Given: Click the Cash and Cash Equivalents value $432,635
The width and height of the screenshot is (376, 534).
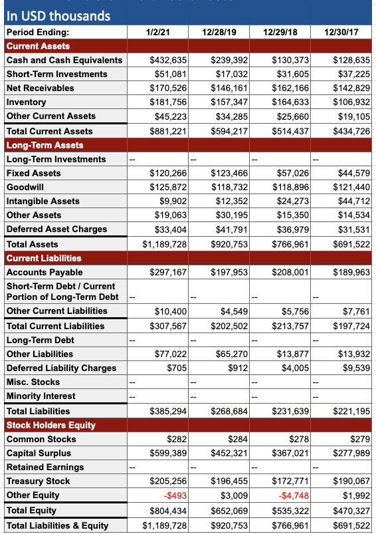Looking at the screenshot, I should click(169, 60).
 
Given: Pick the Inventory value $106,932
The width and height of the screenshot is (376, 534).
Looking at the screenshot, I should click(351, 102).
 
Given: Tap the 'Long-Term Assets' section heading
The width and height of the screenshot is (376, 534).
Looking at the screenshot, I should click(45, 145).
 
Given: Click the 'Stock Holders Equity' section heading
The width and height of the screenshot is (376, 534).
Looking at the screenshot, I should click(51, 425).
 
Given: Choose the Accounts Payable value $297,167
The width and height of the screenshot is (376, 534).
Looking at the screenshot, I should click(169, 272).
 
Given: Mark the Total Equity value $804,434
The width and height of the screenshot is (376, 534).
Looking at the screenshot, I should click(169, 510).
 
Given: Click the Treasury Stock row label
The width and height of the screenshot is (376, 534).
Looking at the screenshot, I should click(38, 481).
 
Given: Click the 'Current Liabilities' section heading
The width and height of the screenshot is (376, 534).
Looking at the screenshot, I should click(44, 258).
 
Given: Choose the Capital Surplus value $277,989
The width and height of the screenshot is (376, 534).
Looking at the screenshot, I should click(351, 453).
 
